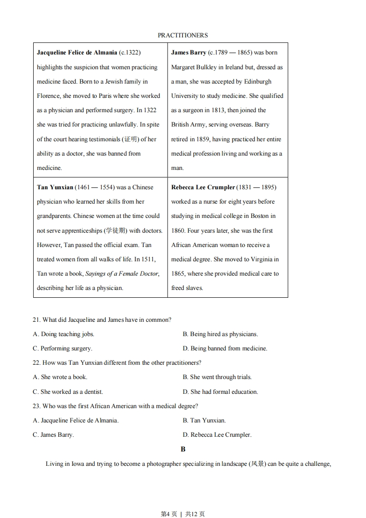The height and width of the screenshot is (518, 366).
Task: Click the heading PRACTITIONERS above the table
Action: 183,35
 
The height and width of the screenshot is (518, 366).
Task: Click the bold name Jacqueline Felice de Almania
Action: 77,53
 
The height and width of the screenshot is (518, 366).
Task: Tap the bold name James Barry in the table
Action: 188,53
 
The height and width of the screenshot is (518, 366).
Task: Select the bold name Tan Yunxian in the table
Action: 55,187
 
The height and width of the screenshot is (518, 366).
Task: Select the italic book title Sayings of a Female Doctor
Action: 122,273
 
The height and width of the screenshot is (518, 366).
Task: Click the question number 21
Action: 36,319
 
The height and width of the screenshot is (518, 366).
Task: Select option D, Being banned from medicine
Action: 225,348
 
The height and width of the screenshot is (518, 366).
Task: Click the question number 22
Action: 36,362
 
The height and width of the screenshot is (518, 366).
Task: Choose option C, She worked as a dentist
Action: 68,392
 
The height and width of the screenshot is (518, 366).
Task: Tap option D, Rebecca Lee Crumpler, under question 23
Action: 217,434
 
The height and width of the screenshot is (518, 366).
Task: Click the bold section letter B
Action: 183,449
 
